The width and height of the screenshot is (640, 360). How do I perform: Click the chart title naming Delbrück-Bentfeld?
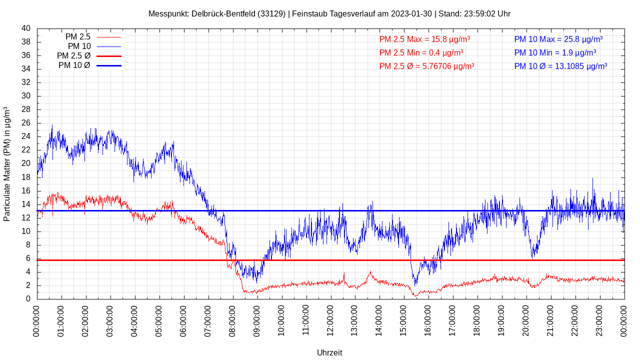(329, 14)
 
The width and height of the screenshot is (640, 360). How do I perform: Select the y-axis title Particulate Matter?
(7, 164)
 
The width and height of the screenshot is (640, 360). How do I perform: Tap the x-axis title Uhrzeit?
(329, 352)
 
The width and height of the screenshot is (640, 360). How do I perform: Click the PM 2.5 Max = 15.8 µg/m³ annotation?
(424, 39)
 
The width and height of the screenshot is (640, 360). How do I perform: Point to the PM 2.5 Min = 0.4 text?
(421, 52)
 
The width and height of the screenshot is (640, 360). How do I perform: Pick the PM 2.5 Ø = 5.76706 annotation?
(426, 66)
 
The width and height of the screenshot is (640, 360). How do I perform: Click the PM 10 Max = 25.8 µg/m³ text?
(558, 39)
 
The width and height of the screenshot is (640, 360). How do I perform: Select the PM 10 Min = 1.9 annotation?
(555, 52)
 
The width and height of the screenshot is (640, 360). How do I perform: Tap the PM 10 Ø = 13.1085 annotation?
(560, 66)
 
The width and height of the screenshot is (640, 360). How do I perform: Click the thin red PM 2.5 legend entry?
(93, 37)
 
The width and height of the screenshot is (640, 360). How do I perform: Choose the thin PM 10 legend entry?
(94, 46)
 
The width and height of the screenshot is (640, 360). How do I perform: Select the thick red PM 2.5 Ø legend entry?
(89, 56)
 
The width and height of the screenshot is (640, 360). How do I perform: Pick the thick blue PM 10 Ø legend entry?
(89, 65)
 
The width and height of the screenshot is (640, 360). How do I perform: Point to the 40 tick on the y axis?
(26, 28)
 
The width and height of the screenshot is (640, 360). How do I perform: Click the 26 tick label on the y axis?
(26, 123)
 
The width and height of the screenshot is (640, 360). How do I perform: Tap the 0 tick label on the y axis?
(28, 299)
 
